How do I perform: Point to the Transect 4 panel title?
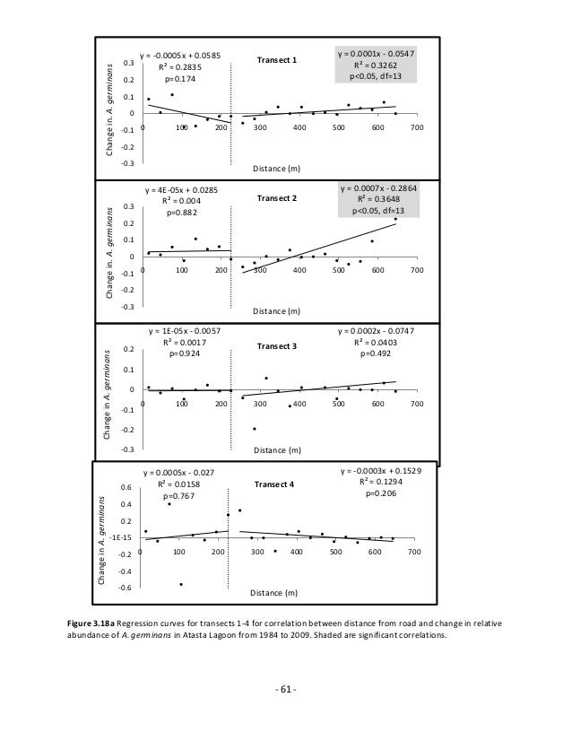point(273,484)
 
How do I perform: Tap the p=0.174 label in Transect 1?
point(179,79)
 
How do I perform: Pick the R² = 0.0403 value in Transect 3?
point(376,342)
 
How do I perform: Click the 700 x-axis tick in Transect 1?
point(415,128)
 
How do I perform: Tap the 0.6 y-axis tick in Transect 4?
point(126,488)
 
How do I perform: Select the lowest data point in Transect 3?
point(255,429)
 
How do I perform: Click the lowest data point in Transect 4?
point(181,584)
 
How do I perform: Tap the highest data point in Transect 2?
point(395,219)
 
